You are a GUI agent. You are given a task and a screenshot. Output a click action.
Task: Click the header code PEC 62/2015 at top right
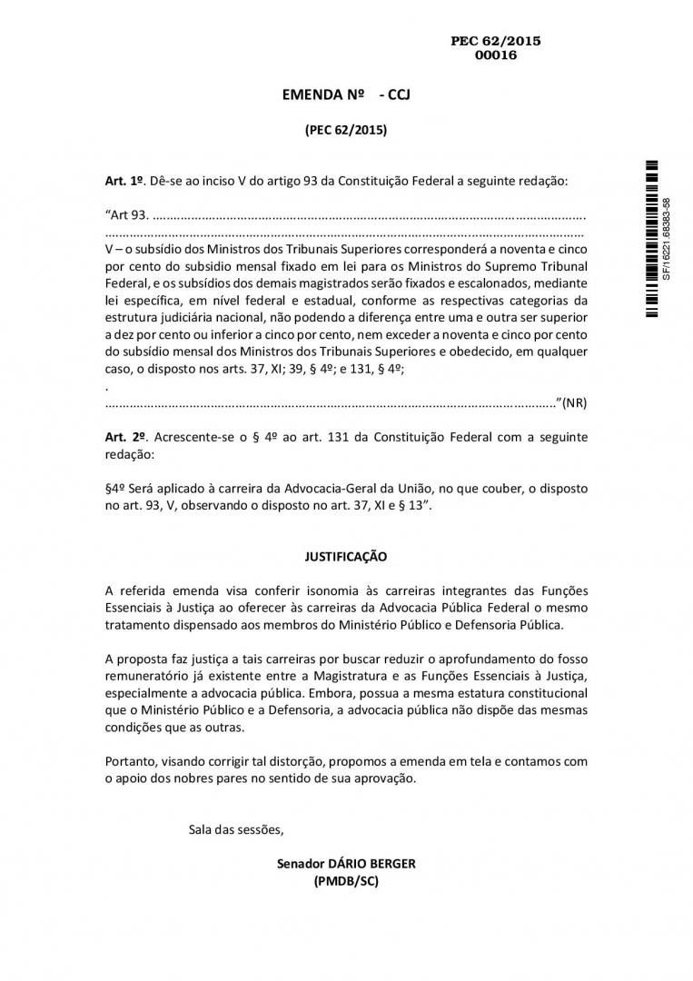(x=495, y=41)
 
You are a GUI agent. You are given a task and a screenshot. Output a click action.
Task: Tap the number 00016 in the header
(x=495, y=54)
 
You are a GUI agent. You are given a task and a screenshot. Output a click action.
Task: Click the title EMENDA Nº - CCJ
(x=346, y=94)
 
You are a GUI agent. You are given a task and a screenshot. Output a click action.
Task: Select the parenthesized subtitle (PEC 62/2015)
(x=346, y=130)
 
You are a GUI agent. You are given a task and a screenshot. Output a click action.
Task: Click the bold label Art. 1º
(x=125, y=181)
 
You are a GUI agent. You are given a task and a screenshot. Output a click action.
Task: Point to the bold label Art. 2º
(x=125, y=437)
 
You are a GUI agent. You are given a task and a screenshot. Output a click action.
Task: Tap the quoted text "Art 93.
(x=126, y=215)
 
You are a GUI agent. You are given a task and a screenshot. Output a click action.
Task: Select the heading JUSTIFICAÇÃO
(x=346, y=556)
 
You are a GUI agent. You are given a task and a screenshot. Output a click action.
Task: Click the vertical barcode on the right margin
(x=651, y=237)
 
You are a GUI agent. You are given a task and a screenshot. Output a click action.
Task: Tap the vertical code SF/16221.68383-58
(x=667, y=238)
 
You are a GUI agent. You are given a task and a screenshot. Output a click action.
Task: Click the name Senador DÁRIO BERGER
(x=346, y=864)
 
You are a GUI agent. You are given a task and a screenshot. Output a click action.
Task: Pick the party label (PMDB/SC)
(x=346, y=881)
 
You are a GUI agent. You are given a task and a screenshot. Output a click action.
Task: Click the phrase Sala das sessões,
(x=236, y=828)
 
